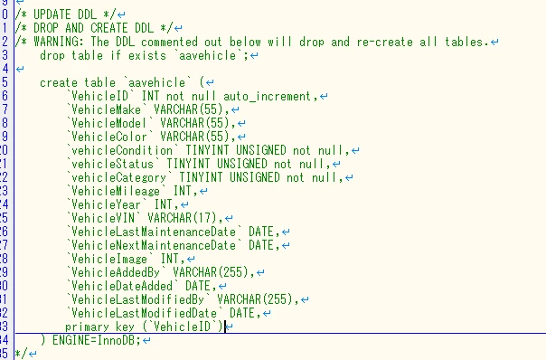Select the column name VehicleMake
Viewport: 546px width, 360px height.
(106, 109)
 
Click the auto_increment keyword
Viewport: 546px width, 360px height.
(267, 96)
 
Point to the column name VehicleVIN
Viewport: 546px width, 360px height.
(103, 218)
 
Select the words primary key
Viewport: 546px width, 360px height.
(99, 327)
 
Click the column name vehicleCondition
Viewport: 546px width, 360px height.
(122, 150)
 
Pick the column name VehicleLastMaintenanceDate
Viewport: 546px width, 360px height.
(154, 232)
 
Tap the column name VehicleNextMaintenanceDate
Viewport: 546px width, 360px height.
(154, 245)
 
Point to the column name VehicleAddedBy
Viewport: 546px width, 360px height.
(116, 272)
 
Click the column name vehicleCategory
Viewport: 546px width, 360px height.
(118, 177)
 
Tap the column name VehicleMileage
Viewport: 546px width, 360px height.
(116, 191)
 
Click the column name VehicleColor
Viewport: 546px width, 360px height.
(109, 137)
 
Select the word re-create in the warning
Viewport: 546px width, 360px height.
(385, 42)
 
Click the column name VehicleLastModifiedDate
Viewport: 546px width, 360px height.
(144, 313)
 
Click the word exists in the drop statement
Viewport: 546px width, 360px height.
(147, 55)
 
